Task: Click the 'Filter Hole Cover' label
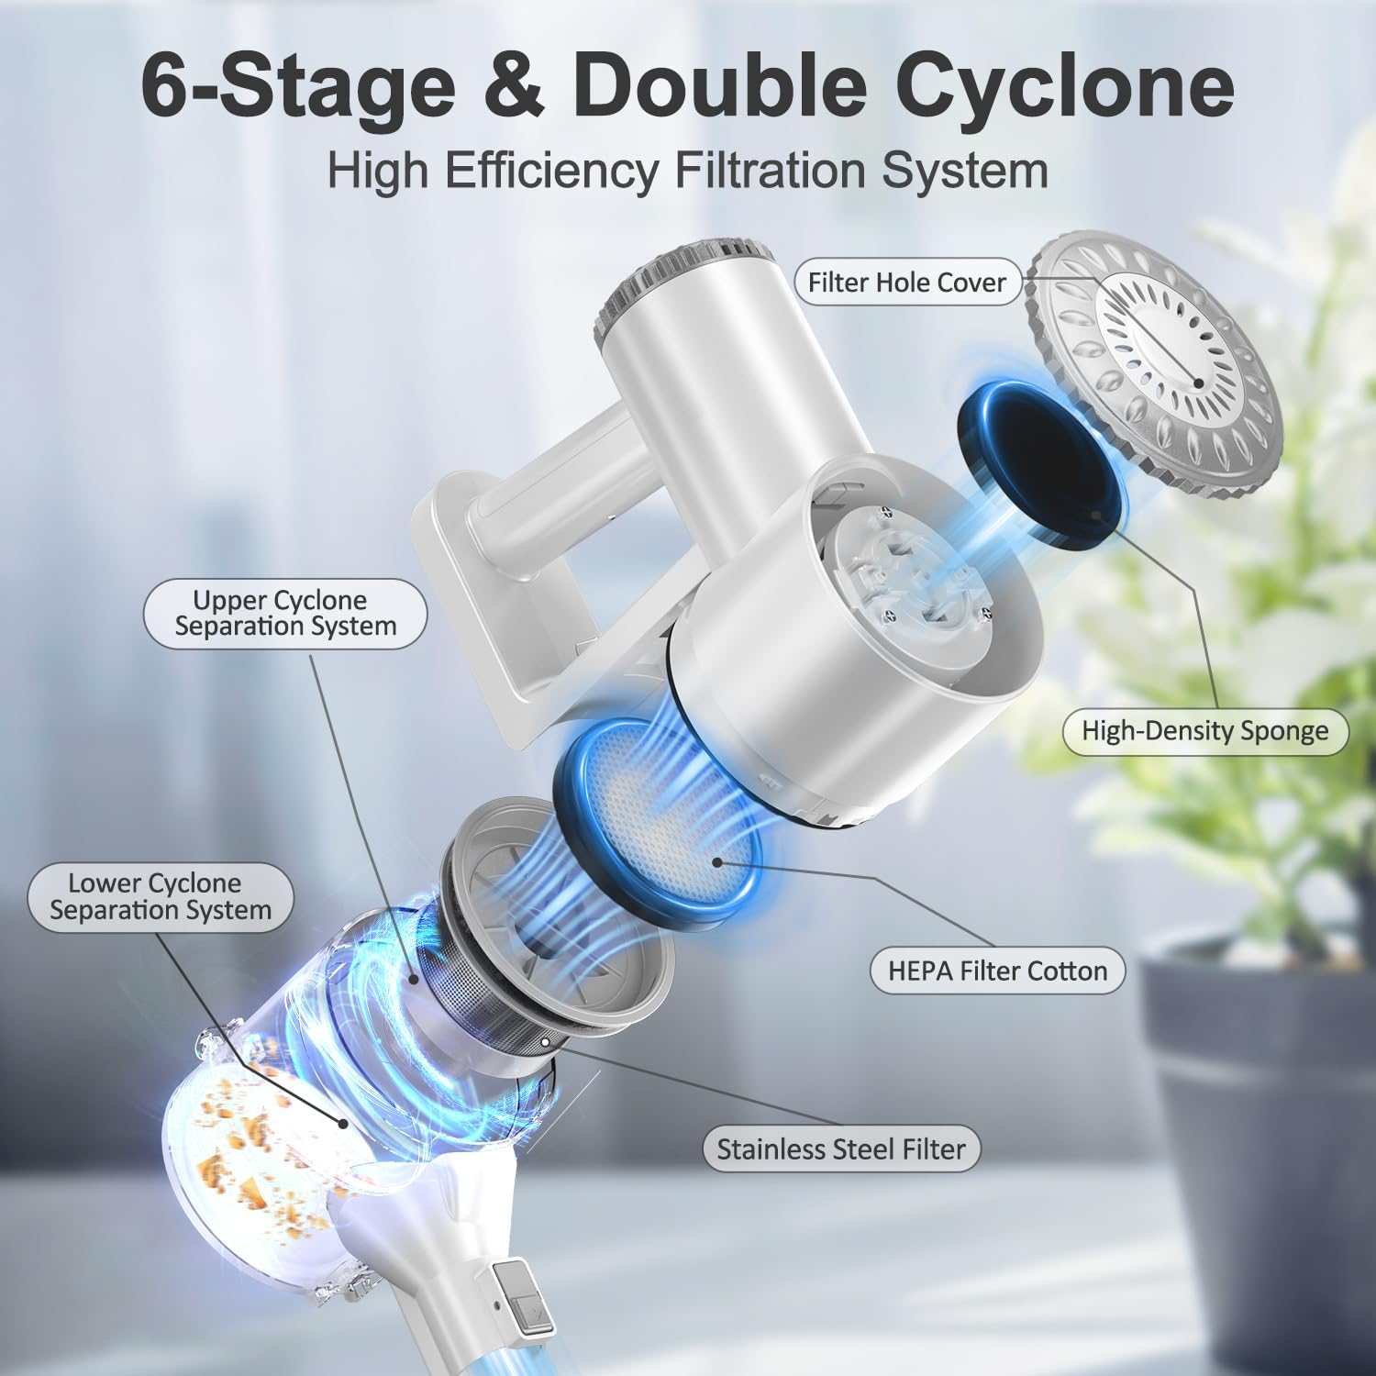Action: (906, 283)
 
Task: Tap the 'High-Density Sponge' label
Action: (1204, 731)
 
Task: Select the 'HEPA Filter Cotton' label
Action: (997, 971)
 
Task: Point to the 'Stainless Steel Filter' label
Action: (841, 1149)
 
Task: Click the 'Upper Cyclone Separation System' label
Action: (285, 614)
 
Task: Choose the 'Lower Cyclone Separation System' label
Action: (161, 897)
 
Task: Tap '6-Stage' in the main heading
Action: (298, 87)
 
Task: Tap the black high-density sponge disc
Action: (1041, 459)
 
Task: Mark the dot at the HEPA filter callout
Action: (717, 861)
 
